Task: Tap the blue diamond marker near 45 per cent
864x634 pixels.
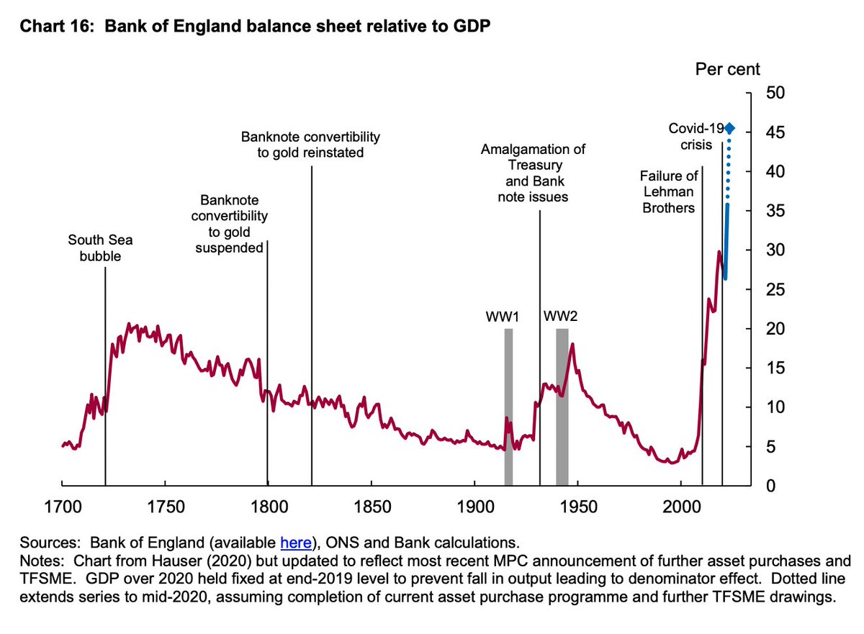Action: coord(730,128)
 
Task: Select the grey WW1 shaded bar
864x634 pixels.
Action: coord(508,407)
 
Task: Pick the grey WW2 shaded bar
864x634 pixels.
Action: coord(562,407)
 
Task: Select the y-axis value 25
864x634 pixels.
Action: coord(773,289)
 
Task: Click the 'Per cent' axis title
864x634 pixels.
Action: coord(727,70)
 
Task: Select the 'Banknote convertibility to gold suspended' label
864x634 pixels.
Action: coord(229,223)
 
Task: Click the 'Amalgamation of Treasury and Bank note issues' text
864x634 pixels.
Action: coord(533,173)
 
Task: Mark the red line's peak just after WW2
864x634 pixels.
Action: coord(572,345)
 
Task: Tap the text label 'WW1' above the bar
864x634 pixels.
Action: coord(502,316)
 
